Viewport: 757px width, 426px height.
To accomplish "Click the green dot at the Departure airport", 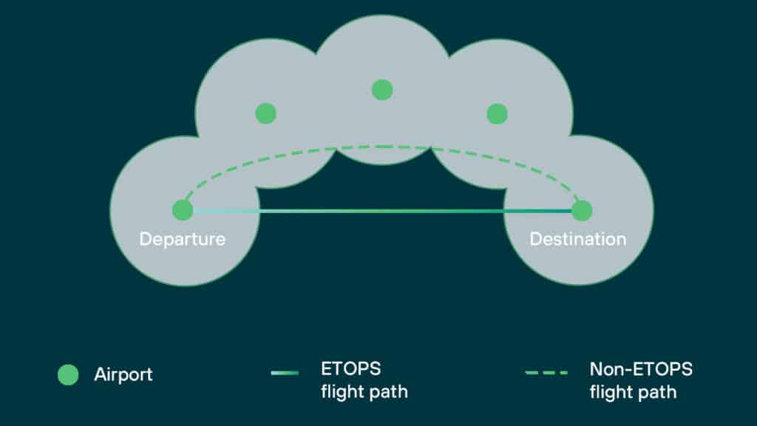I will pyautogui.click(x=183, y=210).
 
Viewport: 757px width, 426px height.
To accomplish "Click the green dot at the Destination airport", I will pyautogui.click(x=582, y=210).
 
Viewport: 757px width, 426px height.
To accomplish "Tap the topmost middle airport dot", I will pyautogui.click(x=381, y=90).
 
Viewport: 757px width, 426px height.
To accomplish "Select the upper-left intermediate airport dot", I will pyautogui.click(x=265, y=114).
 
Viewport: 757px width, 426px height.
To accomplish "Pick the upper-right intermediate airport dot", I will pyautogui.click(x=498, y=114).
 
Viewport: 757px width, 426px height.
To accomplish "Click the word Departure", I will pyautogui.click(x=183, y=240).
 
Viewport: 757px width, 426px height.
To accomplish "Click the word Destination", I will pyautogui.click(x=578, y=240).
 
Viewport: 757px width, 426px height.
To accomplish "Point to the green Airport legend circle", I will pyautogui.click(x=68, y=375).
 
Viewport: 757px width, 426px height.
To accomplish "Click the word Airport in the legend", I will pyautogui.click(x=123, y=375).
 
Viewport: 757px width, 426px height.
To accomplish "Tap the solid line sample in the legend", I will pyautogui.click(x=285, y=373).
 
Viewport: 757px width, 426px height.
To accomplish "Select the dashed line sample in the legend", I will pyautogui.click(x=546, y=373).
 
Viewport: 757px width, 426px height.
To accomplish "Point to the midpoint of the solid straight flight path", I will pyautogui.click(x=382, y=212).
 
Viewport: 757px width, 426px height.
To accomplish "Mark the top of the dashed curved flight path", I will pyautogui.click(x=381, y=146).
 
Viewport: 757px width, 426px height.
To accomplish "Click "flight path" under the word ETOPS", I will pyautogui.click(x=364, y=392).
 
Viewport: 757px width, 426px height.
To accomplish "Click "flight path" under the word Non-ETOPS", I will pyautogui.click(x=633, y=392).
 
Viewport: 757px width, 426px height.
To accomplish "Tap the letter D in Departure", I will pyautogui.click(x=145, y=240).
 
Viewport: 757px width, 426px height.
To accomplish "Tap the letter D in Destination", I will pyautogui.click(x=535, y=240).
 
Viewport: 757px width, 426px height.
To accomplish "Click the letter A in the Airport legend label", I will pyautogui.click(x=100, y=375).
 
